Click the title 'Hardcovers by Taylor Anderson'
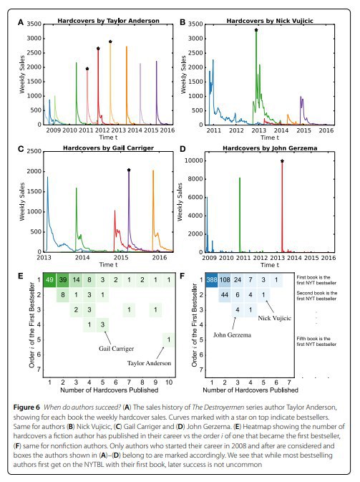[109, 21]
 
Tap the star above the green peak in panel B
[256, 30]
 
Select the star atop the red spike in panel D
[282, 161]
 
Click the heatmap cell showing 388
[212, 280]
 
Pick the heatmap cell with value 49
[49, 280]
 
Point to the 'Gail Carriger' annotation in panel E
[116, 349]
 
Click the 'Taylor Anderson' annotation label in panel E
[149, 363]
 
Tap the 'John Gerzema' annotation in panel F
[232, 334]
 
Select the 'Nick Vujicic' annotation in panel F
[274, 318]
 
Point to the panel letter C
[21, 150]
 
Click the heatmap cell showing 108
[225, 280]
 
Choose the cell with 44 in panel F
[225, 294]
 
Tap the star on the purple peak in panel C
[129, 170]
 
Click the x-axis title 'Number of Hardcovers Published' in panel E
[109, 390]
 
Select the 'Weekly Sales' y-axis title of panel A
[21, 74]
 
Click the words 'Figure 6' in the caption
[26, 408]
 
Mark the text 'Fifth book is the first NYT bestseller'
[316, 341]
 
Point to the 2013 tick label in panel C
[44, 257]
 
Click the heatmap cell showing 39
[63, 280]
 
